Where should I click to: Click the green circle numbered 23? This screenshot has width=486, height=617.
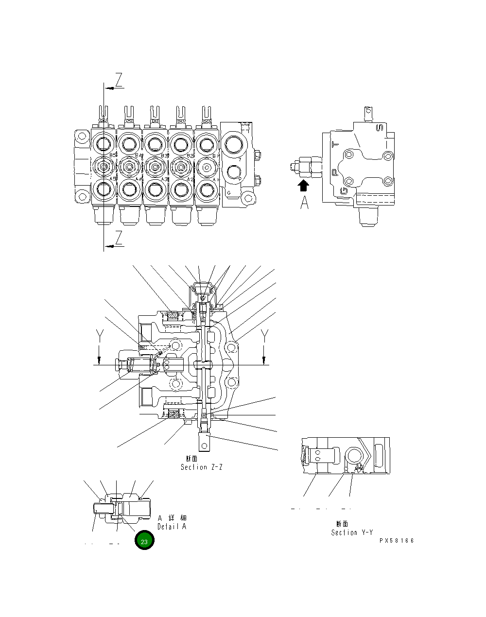coord(144,541)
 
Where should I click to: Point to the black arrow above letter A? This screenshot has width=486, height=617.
coord(304,185)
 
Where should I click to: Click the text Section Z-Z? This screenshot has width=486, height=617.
coord(202,467)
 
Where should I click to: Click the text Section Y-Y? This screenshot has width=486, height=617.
coord(352,532)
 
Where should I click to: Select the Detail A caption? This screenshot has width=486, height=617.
coord(172,527)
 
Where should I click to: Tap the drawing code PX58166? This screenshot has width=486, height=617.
coord(397,541)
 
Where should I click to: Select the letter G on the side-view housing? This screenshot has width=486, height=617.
coord(344,190)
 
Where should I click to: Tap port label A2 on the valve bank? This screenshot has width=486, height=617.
coord(191,179)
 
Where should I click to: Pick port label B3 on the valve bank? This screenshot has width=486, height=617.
coord(165,155)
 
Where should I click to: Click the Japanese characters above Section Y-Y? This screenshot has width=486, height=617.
coord(342,524)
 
